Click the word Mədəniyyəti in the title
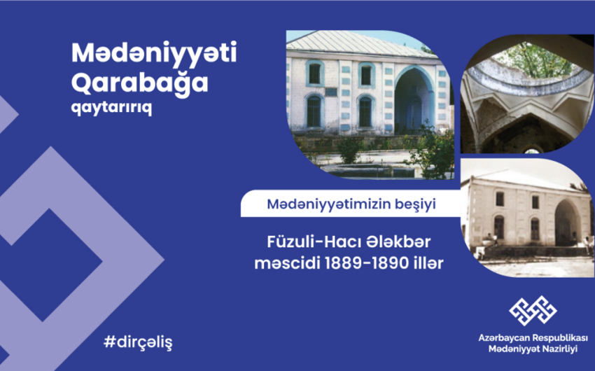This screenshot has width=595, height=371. pyautogui.click(x=154, y=52)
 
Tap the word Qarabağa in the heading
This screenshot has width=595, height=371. pyautogui.click(x=139, y=83)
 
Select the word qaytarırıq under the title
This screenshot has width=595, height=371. pyautogui.click(x=111, y=108)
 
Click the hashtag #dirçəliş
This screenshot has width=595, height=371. pyautogui.click(x=138, y=342)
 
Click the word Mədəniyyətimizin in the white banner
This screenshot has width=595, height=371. pyautogui.click(x=328, y=204)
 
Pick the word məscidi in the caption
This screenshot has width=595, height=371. pyautogui.click(x=287, y=263)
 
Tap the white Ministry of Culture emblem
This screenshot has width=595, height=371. pyautogui.click(x=533, y=311)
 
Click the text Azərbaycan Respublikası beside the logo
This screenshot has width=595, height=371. pyautogui.click(x=533, y=337)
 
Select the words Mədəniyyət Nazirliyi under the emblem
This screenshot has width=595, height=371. pyautogui.click(x=533, y=349)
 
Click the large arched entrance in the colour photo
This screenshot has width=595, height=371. pyautogui.click(x=414, y=100)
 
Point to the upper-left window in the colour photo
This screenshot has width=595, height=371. pyautogui.click(x=314, y=73)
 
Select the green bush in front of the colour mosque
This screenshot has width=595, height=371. pyautogui.click(x=349, y=150)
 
